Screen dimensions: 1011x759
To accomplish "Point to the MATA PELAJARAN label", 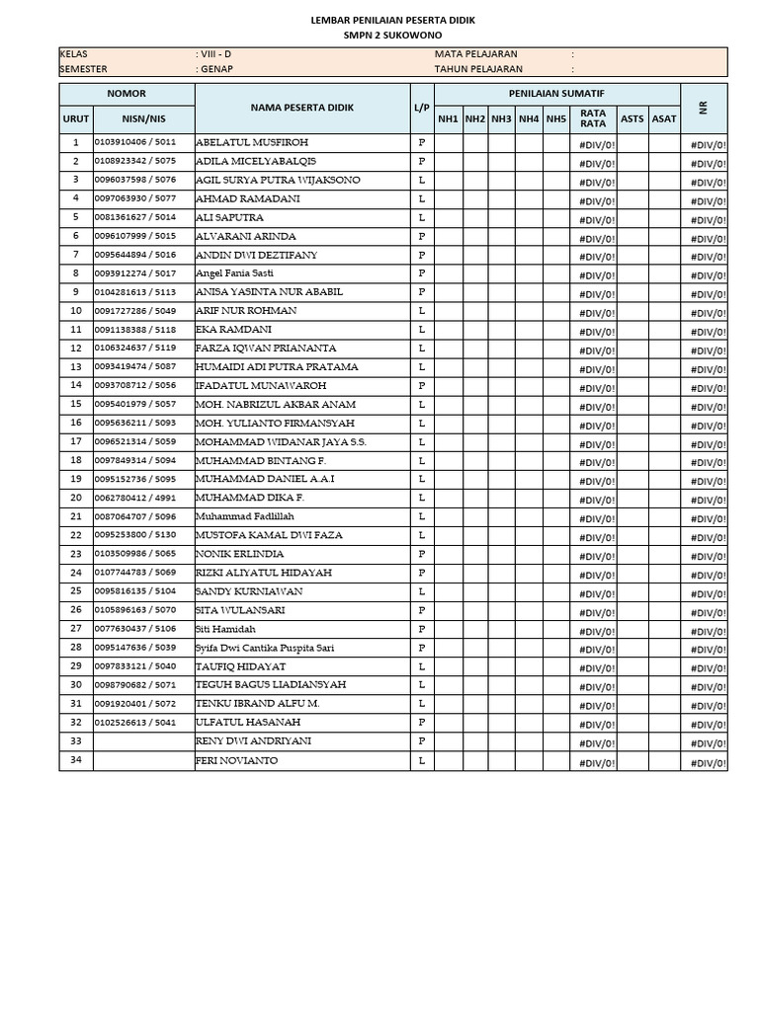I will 475,54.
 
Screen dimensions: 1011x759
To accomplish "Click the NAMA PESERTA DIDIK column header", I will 301,108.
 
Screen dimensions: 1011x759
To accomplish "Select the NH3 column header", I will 502,119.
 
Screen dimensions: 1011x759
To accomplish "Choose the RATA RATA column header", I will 593,118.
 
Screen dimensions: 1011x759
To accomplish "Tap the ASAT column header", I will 664,119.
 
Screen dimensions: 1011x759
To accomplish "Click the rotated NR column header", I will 704,108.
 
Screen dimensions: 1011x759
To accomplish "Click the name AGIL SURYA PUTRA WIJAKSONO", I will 278,180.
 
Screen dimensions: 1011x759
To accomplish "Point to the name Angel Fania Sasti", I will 235,273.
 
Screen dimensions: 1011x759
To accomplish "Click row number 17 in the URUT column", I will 76,441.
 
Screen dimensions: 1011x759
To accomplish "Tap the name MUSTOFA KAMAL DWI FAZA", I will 269,535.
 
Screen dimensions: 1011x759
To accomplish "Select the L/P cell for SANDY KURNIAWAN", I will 422,591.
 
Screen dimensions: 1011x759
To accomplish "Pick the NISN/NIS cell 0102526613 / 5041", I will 135,722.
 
